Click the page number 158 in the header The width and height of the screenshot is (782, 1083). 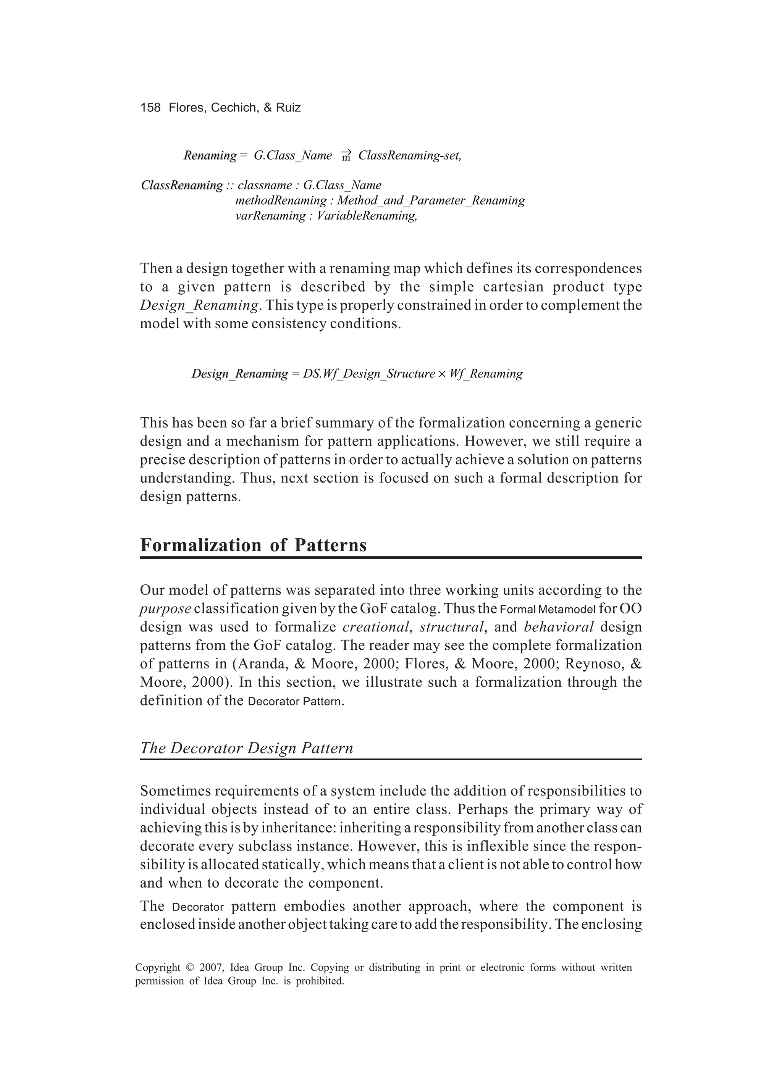click(150, 107)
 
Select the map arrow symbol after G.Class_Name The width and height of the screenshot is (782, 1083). click(346, 155)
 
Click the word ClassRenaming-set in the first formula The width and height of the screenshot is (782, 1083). click(409, 155)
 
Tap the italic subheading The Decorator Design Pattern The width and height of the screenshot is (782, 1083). click(247, 748)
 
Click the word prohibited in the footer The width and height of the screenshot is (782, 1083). click(320, 981)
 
